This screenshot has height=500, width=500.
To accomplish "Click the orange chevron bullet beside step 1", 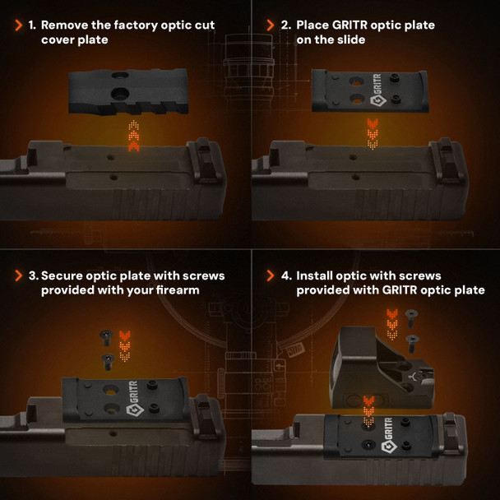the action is (x=19, y=25).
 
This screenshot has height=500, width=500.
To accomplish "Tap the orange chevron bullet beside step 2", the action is (x=270, y=25).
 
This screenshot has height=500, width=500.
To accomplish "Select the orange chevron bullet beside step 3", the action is (x=19, y=275).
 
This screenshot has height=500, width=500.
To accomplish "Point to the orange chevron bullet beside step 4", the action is (x=270, y=275).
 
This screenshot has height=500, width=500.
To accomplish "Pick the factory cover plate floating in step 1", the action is (x=128, y=92).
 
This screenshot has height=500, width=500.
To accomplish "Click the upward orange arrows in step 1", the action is (x=133, y=136).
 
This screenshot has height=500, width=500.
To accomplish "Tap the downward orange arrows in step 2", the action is (x=373, y=134).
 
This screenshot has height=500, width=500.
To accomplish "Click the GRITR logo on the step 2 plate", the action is (x=377, y=90).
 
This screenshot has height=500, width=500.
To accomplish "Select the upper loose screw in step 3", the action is (x=106, y=338).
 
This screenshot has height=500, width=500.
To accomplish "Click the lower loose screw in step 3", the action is (x=108, y=362).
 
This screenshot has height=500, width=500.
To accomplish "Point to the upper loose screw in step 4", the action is (x=411, y=318).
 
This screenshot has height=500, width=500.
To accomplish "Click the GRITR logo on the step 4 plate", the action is (x=388, y=435).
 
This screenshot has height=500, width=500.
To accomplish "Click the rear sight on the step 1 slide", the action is (x=204, y=160).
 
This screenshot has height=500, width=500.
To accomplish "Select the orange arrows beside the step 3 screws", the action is (x=125, y=346).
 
